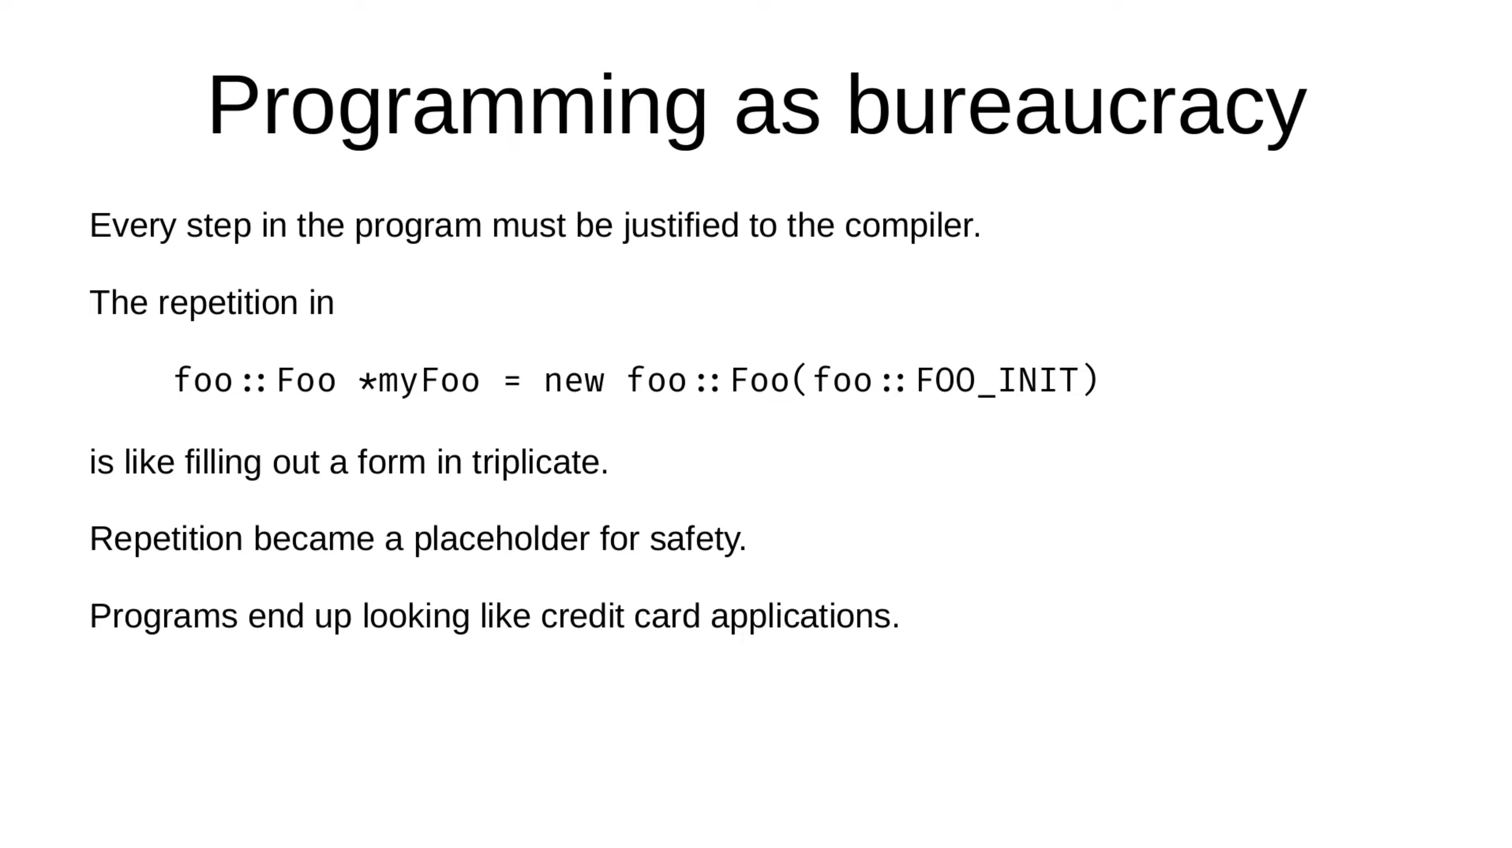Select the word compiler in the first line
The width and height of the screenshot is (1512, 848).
tap(913, 226)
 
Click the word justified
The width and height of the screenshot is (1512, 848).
tap(681, 226)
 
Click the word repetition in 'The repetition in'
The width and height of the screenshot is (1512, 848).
tap(228, 303)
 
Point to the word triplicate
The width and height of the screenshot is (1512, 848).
tap(540, 462)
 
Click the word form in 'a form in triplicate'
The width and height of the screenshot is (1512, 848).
tap(391, 462)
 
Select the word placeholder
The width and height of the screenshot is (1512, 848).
tap(501, 539)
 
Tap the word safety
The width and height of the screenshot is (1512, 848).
tap(698, 539)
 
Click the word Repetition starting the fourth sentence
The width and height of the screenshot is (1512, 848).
tap(166, 539)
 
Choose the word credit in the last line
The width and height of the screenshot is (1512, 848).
tap(582, 616)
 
